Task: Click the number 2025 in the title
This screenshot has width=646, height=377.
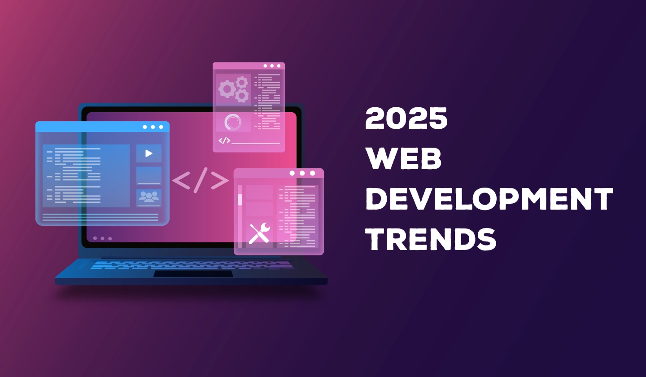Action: (x=406, y=118)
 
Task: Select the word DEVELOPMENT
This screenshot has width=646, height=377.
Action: (x=489, y=199)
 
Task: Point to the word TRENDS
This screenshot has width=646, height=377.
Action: (x=431, y=239)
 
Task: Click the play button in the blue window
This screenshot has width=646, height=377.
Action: (x=149, y=153)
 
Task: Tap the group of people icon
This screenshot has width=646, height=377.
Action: (x=149, y=197)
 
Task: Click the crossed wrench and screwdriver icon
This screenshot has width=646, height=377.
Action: (x=259, y=234)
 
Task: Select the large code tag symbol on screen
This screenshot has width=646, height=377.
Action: (x=201, y=180)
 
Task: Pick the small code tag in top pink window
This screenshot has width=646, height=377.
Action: (x=224, y=140)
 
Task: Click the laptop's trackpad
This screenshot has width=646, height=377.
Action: (x=193, y=274)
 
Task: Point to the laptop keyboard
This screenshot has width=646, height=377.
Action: (x=192, y=264)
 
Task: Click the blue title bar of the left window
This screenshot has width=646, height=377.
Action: (x=102, y=127)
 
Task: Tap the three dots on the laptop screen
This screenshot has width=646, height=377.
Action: (x=102, y=239)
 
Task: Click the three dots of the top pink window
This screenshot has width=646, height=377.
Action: (x=272, y=66)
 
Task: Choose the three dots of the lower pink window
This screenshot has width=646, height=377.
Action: (x=302, y=173)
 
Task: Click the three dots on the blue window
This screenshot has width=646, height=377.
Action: (x=153, y=127)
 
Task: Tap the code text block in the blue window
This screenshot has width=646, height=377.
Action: (x=86, y=175)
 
